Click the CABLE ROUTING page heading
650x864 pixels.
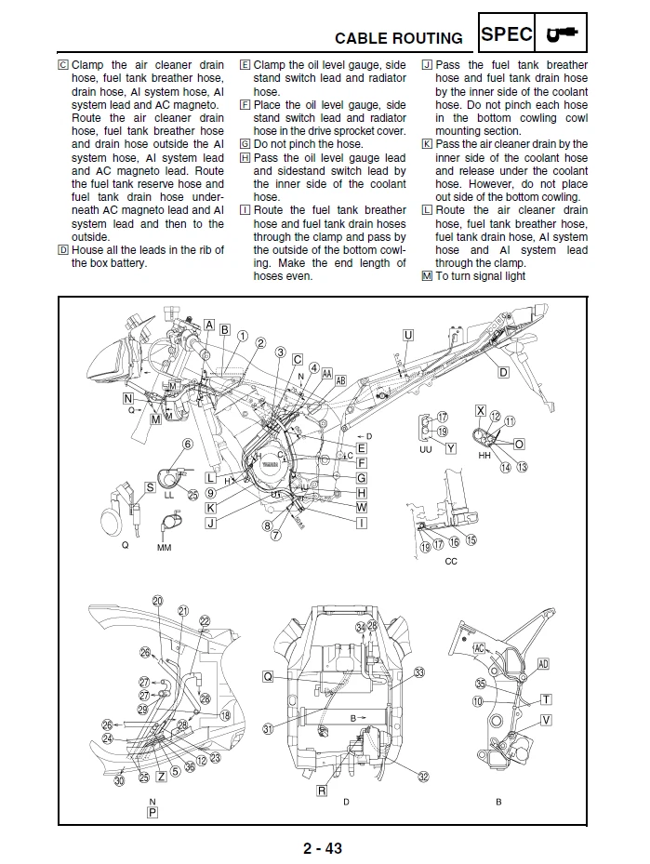[x=398, y=38]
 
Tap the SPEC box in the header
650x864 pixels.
[x=507, y=34]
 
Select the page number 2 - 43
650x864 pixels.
[x=322, y=847]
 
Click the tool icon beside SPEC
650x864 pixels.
[x=562, y=34]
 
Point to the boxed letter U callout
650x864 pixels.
[x=407, y=335]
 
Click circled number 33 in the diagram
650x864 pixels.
[x=419, y=672]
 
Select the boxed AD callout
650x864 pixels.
[x=543, y=664]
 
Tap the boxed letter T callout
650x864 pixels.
[x=546, y=699]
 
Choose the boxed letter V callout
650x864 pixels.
[x=546, y=720]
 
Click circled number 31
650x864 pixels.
[x=268, y=729]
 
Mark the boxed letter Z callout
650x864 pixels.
[x=162, y=776]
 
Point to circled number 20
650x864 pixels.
[x=157, y=601]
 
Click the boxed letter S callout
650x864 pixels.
[x=150, y=486]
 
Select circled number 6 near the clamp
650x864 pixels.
[x=187, y=445]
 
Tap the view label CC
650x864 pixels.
[x=451, y=562]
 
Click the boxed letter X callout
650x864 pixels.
[x=480, y=410]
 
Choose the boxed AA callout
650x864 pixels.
[x=326, y=372]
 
